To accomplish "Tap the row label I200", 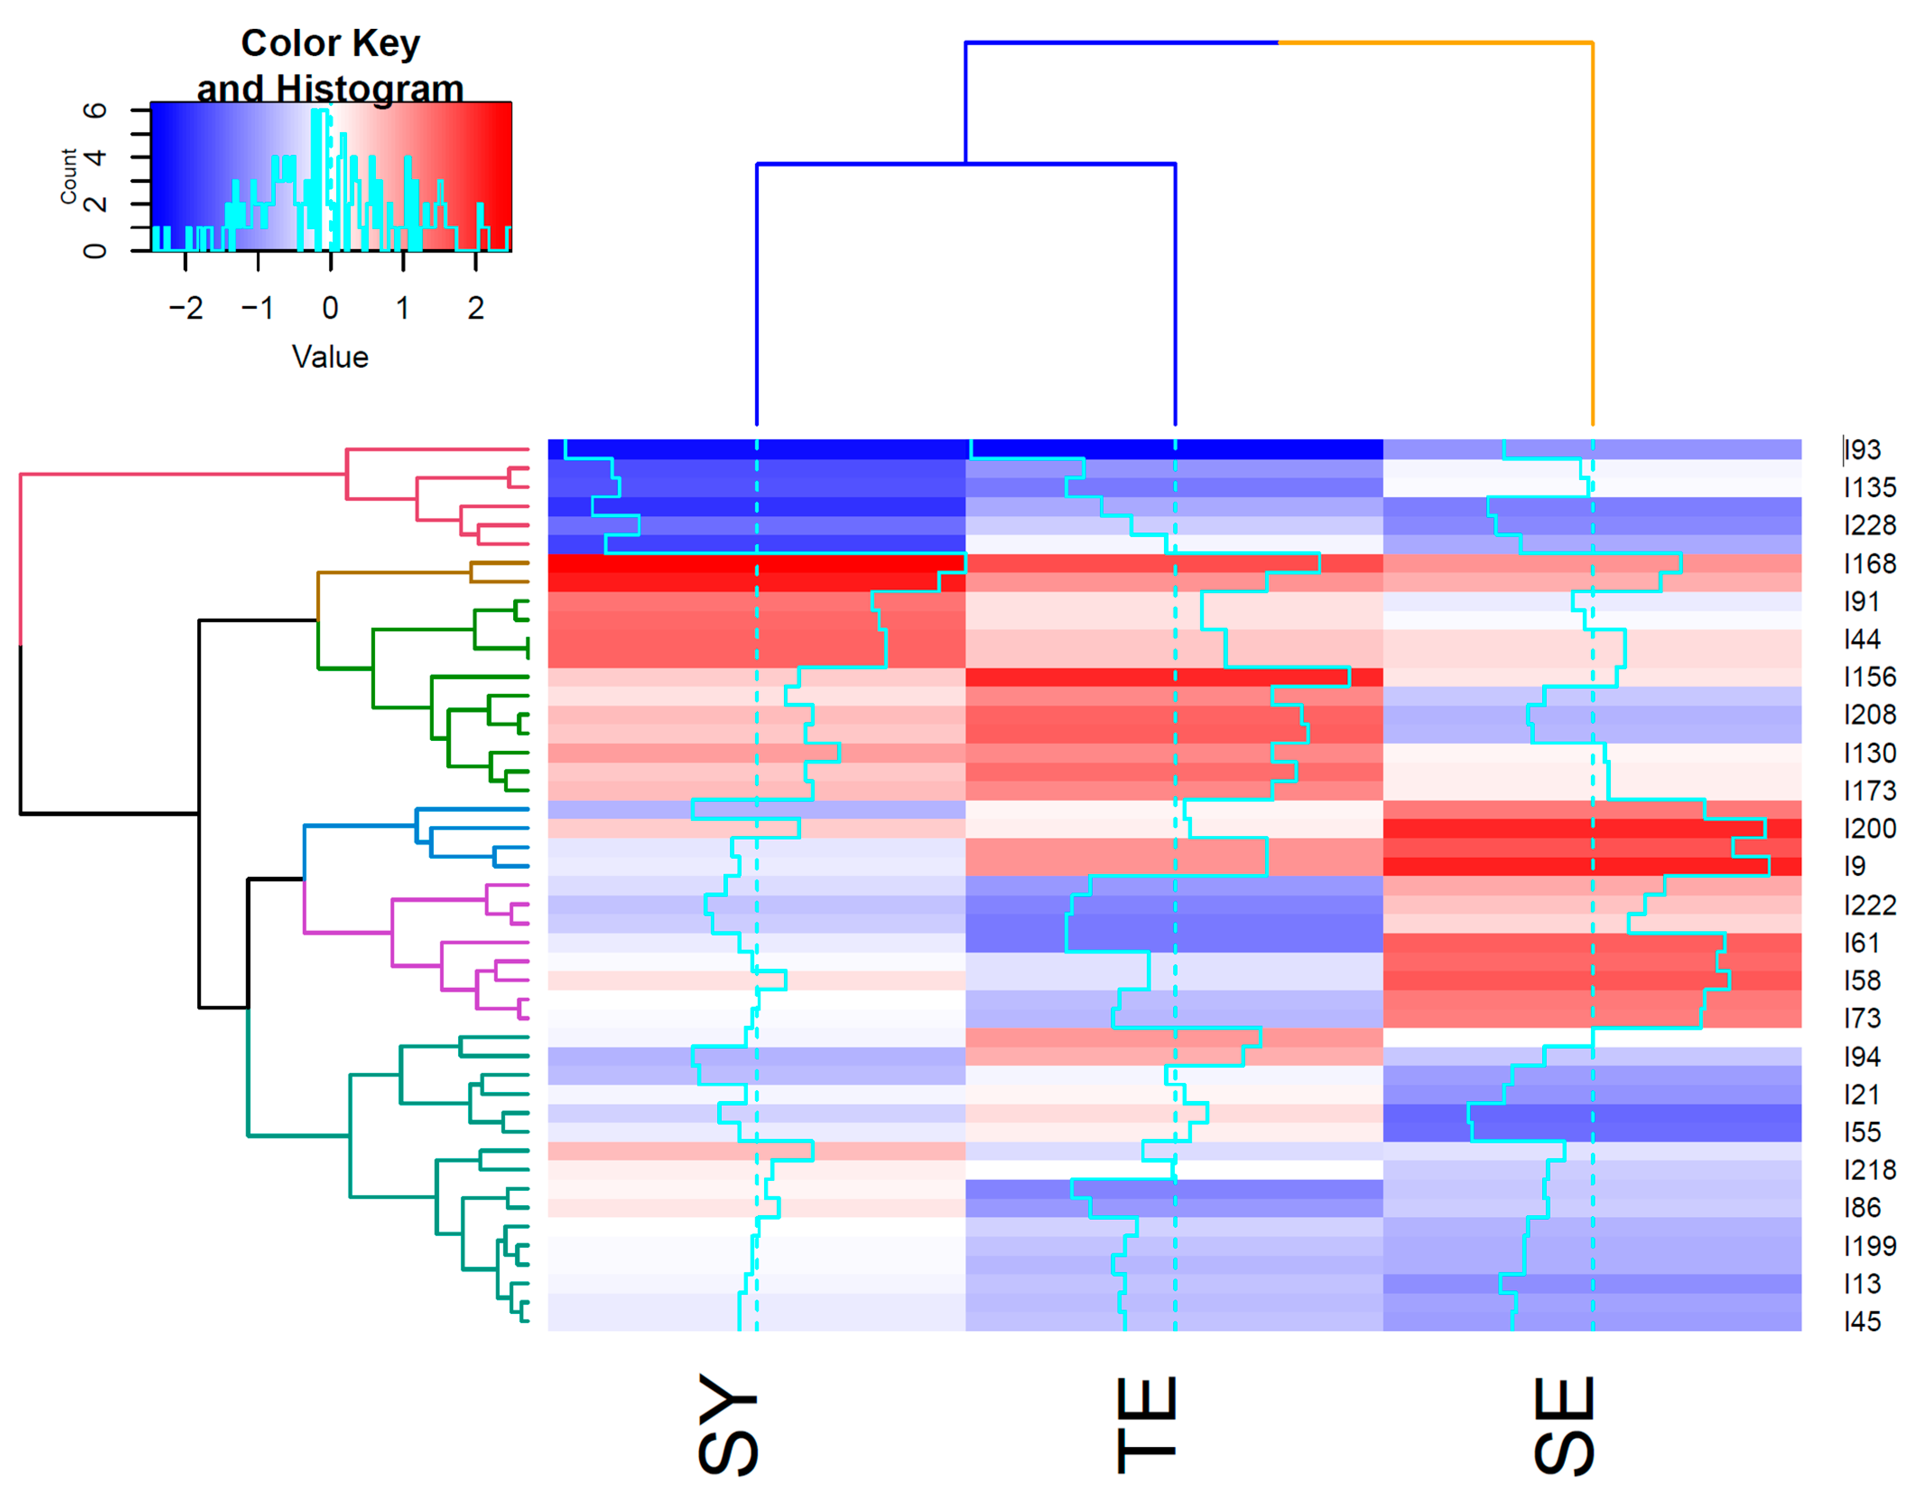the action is (1870, 828).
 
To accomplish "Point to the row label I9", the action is (1855, 866).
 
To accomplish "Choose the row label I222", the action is (1870, 905).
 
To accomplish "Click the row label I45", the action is (1863, 1322).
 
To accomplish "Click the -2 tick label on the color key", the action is (185, 308).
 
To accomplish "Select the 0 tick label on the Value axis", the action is (330, 308).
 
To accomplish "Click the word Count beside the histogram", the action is (69, 176).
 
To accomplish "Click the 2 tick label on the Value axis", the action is (475, 308).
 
